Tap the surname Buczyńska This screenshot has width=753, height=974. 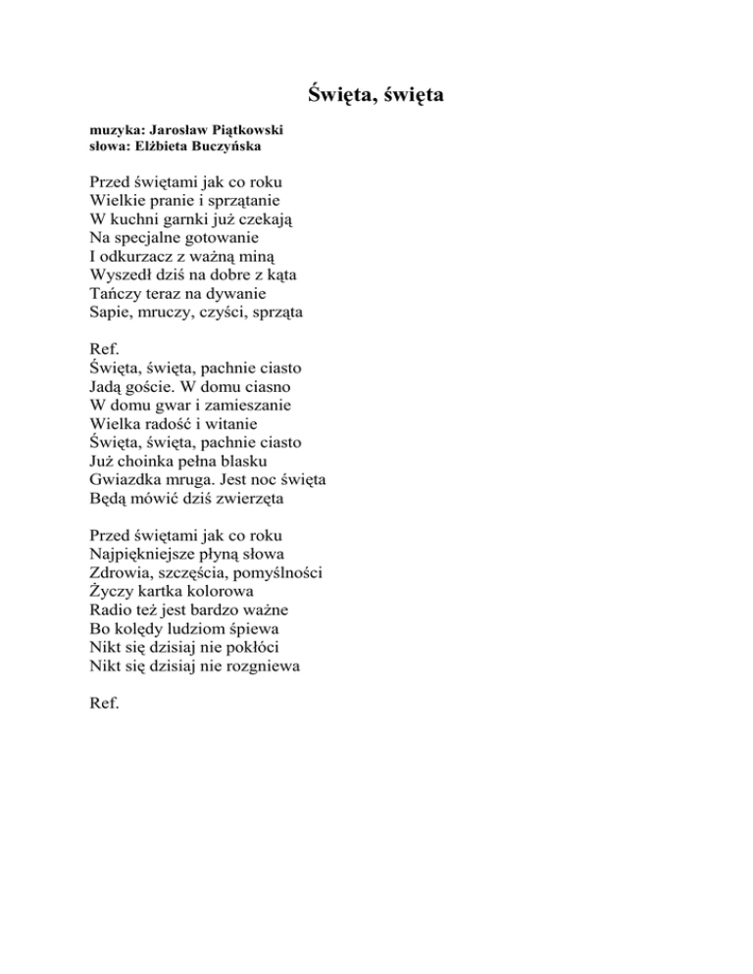[227, 146]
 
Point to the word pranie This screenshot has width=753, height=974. [175, 201]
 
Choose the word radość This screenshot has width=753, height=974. [174, 423]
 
